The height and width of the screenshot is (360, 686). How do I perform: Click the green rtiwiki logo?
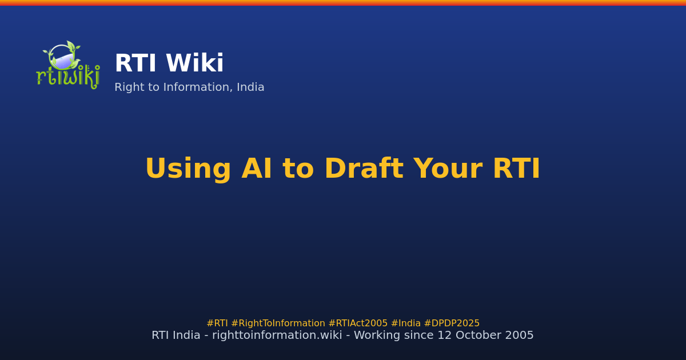click(x=68, y=65)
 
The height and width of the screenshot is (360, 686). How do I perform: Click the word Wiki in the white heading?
click(x=194, y=63)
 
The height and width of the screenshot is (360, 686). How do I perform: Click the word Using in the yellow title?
click(x=188, y=169)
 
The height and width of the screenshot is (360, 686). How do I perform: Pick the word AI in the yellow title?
click(x=257, y=169)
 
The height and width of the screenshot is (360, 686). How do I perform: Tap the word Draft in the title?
click(x=364, y=169)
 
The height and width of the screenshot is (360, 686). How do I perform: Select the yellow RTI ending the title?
click(x=517, y=169)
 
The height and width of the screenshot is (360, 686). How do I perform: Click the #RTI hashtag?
click(x=217, y=323)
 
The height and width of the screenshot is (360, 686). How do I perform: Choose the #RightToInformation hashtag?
click(x=278, y=323)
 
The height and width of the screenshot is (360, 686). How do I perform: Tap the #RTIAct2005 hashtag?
click(x=358, y=323)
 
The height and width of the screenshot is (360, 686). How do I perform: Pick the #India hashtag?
click(x=406, y=323)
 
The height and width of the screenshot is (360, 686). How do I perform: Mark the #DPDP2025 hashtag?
click(x=452, y=323)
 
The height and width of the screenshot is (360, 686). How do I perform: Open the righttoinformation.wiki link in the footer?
click(x=277, y=335)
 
